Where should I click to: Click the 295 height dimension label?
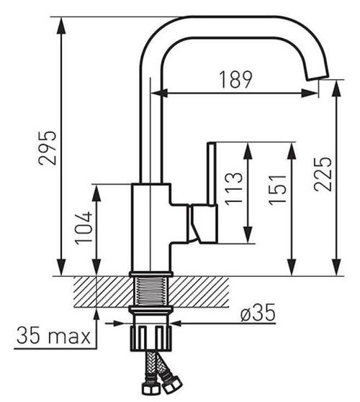(47, 148)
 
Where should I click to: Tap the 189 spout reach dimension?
(236, 80)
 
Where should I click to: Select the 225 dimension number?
(323, 174)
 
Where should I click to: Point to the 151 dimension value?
(277, 190)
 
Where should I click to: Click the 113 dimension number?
(233, 189)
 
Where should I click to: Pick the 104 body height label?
(84, 228)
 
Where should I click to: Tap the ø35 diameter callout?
(258, 313)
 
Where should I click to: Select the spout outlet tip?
(318, 77)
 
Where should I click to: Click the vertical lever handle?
(212, 173)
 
